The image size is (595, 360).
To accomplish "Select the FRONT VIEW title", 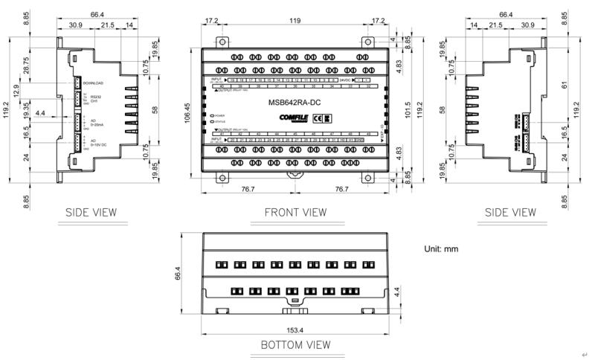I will coord(295,213).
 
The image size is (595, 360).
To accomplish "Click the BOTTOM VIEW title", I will coord(295,346).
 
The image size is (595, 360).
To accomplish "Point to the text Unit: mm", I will coord(444,249).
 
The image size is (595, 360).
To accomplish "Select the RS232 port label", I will coord(94,97).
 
